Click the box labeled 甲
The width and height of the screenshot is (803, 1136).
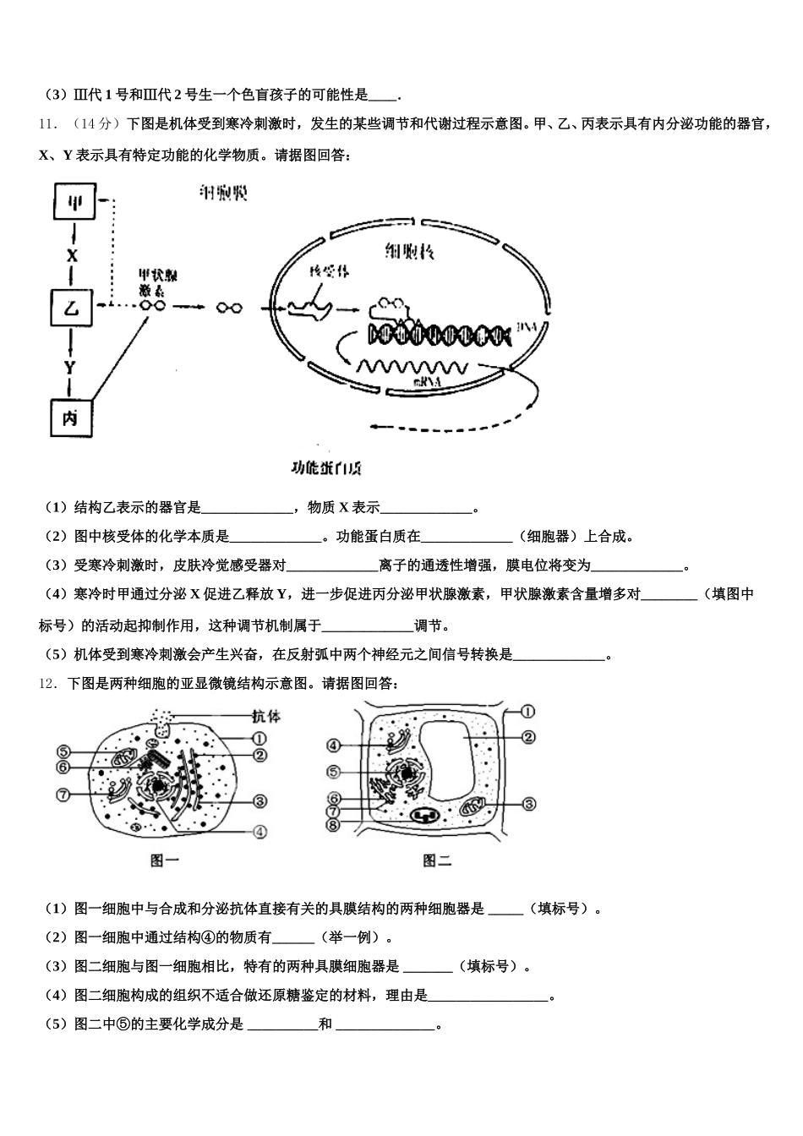tap(74, 202)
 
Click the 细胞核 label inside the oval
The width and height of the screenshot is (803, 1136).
tap(410, 250)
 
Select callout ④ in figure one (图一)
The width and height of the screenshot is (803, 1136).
tap(259, 831)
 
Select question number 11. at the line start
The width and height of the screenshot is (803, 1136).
tap(48, 123)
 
